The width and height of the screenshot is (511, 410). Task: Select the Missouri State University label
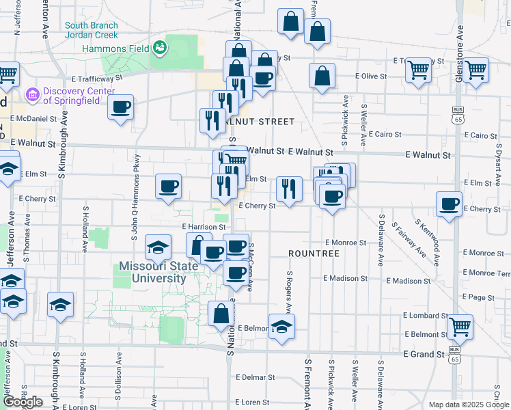tap(152, 272)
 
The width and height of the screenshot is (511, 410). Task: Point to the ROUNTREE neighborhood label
tap(314, 254)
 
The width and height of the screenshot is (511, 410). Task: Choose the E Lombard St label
tap(424, 315)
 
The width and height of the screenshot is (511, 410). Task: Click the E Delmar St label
tap(255, 377)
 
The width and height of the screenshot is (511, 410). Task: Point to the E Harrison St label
tap(204, 226)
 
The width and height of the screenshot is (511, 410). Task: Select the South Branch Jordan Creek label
tap(92, 30)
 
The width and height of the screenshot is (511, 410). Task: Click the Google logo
tap(23, 402)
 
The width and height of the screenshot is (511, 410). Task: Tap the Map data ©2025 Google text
tap(469, 405)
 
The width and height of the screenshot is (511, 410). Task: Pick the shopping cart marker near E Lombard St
tap(460, 326)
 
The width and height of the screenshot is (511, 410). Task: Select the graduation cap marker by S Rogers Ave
tap(280, 327)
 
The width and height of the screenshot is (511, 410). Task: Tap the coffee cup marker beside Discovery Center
tap(121, 107)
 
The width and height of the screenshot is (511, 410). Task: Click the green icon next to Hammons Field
tap(160, 48)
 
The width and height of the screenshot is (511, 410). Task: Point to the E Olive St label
tap(370, 76)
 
